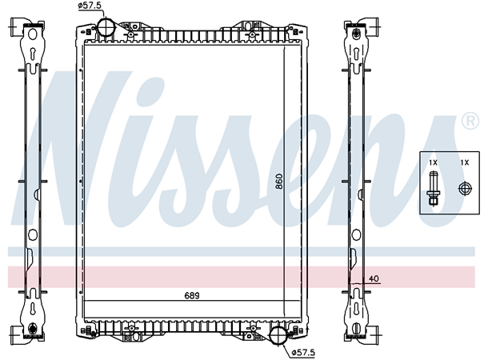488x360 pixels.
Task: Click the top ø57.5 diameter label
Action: pyautogui.click(x=90, y=6)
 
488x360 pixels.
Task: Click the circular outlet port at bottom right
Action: pyautogui.click(x=278, y=337)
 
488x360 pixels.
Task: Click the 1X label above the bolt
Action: pyautogui.click(x=433, y=163)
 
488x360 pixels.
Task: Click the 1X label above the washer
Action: pyautogui.click(x=463, y=163)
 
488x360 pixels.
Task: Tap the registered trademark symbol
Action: pyautogui.click(x=470, y=122)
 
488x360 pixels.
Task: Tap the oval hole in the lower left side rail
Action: pyautogui.click(x=31, y=236)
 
